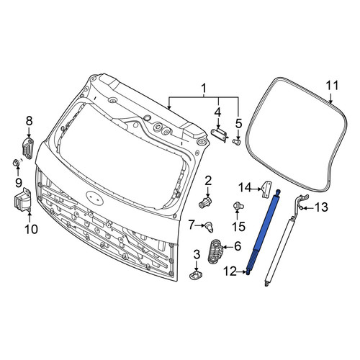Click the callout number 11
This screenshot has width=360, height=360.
pyautogui.click(x=332, y=86)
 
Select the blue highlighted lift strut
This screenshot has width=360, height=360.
pyautogui.click(x=263, y=232)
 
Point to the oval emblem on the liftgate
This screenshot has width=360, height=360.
pyautogui.click(x=95, y=198)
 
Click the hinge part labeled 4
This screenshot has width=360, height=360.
pyautogui.click(x=219, y=135)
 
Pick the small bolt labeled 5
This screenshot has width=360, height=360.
pyautogui.click(x=236, y=143)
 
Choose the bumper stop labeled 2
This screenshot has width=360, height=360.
pyautogui.click(x=205, y=202)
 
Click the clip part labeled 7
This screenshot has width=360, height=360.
pyautogui.click(x=208, y=228)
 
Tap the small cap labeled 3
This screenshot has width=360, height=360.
pyautogui.click(x=196, y=275)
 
